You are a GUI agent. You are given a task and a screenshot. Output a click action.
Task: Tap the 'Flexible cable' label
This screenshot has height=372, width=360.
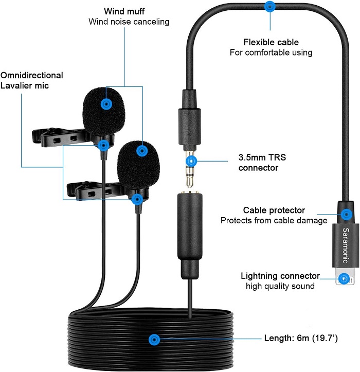[271, 42]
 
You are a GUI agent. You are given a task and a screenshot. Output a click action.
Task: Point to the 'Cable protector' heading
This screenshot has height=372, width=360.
[274, 210]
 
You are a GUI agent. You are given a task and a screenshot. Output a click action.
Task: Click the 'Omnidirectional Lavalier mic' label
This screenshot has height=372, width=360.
[32, 80]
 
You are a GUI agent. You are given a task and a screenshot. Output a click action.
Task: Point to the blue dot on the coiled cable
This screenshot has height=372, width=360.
[153, 340]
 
